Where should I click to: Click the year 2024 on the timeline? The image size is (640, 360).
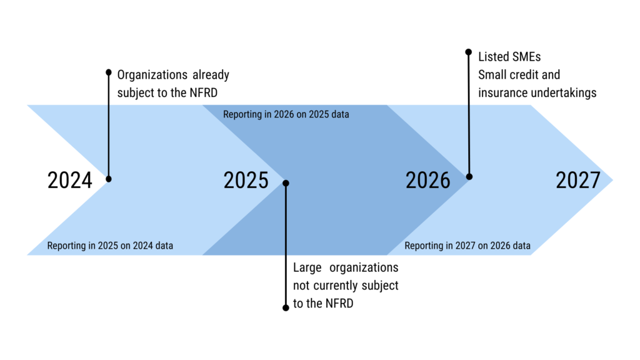coord(70,181)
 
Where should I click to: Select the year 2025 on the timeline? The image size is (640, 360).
coord(246,181)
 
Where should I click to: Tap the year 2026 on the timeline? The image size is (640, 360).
coord(427,181)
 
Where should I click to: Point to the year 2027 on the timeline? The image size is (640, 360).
coord(578,181)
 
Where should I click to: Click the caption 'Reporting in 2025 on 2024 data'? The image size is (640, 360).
coord(110,246)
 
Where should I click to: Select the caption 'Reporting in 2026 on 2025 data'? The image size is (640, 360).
coord(286,114)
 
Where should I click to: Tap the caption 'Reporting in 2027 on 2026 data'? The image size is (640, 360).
coord(467,246)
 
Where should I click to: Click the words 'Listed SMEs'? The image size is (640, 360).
coord(509,57)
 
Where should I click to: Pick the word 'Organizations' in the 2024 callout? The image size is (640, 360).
coord(152,76)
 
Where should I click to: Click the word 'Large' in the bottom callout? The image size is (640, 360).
coord(307,268)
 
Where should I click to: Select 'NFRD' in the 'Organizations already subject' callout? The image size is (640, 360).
coord(204,92)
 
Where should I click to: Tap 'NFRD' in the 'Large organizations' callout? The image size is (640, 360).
coord(339,303)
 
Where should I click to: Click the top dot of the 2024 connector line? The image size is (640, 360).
coord(109,72)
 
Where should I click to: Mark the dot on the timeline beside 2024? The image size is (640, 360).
coord(109,179)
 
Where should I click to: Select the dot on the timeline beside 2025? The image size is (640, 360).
coord(286,183)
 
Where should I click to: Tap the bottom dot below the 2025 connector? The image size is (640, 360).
coord(286,307)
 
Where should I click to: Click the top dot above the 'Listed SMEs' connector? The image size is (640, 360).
coord(469,52)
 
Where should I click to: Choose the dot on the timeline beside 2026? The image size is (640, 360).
coord(469,177)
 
